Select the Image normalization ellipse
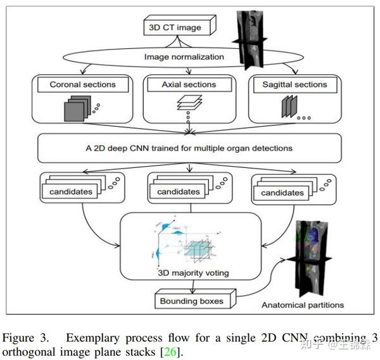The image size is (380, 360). pos(184,57)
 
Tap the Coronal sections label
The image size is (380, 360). pos(82,84)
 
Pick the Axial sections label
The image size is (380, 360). pos(189,84)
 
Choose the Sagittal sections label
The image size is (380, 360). pos(294,84)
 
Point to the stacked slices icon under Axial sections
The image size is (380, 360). pos(189,101)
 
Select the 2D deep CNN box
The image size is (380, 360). pos(189,148)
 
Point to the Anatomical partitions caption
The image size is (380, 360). pos(303,305)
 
